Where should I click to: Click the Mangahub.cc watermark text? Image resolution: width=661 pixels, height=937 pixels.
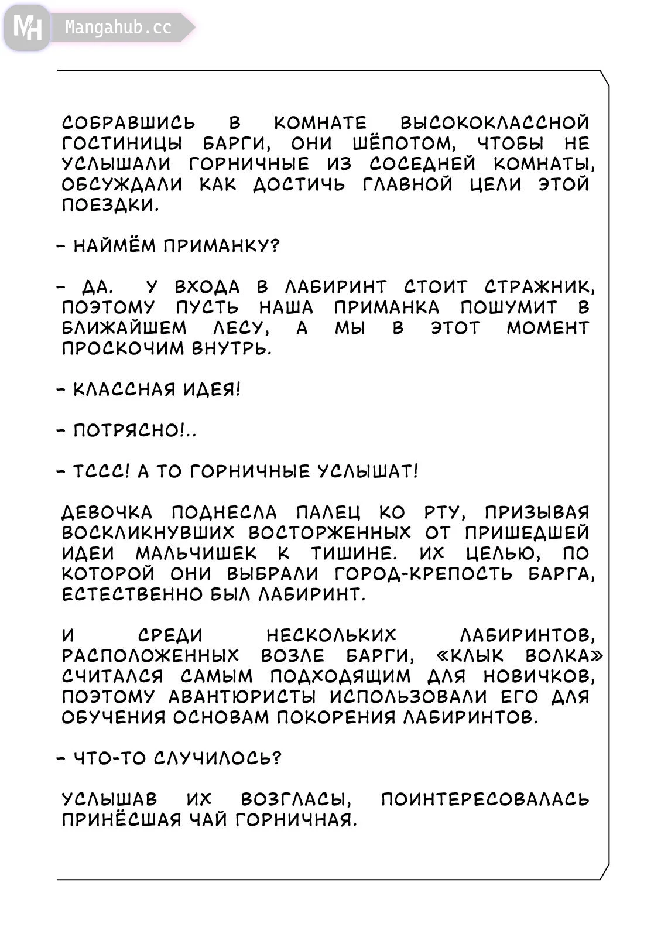(x=118, y=28)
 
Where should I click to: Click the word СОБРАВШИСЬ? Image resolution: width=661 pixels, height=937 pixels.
(x=129, y=123)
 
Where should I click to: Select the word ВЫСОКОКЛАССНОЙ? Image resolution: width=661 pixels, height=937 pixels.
(x=495, y=123)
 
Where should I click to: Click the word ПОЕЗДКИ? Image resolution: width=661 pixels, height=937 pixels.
(x=110, y=205)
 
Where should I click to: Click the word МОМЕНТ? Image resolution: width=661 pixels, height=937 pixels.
(x=547, y=328)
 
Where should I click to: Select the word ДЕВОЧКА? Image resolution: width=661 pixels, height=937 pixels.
(x=107, y=512)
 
